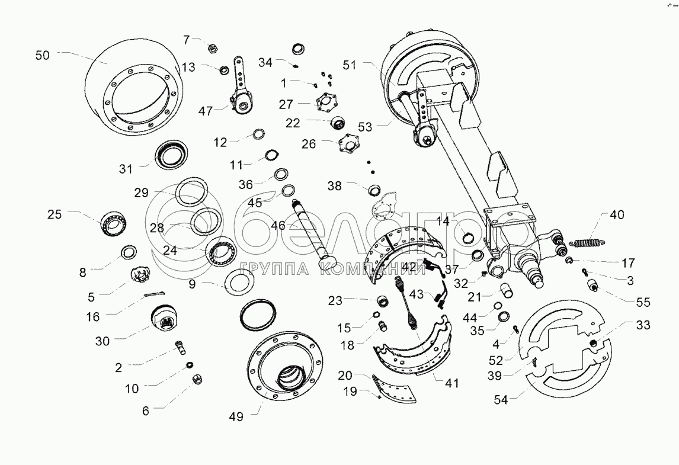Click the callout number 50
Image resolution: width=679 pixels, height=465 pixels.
(43, 55)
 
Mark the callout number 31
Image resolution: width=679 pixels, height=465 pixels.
(126, 169)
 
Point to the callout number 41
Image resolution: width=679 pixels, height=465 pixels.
(452, 383)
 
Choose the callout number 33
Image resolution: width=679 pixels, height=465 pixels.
(643, 325)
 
